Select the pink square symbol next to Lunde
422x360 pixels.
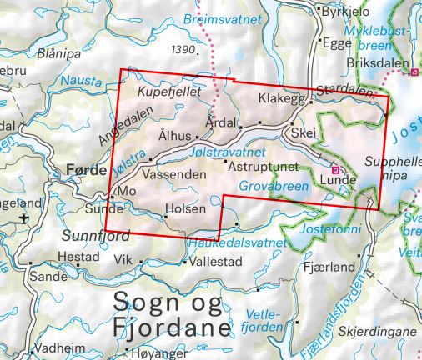click(335, 167)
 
